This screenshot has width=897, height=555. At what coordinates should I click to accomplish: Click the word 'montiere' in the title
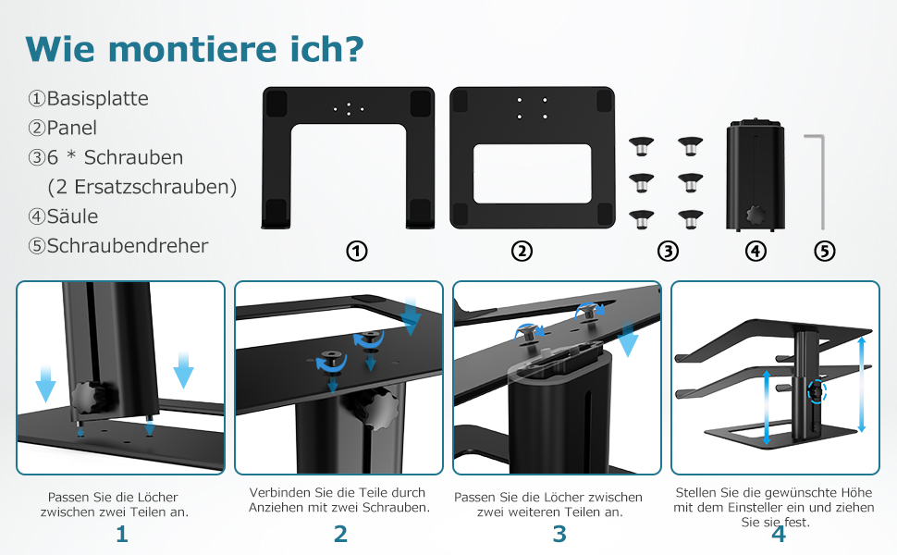pyautogui.click(x=192, y=49)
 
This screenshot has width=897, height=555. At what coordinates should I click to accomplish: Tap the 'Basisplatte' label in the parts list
pyautogui.click(x=97, y=98)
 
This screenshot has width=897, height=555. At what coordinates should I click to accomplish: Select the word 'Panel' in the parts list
pyautogui.click(x=71, y=129)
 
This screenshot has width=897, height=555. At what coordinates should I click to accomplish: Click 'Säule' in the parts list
pyautogui.click(x=72, y=216)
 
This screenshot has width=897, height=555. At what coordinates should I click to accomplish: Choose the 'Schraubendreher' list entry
pyautogui.click(x=127, y=246)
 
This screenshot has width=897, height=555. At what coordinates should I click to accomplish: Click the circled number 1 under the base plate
pyautogui.click(x=357, y=252)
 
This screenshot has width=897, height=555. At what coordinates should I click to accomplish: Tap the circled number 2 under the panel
pyautogui.click(x=522, y=252)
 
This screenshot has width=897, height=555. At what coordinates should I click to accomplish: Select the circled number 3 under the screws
pyautogui.click(x=669, y=252)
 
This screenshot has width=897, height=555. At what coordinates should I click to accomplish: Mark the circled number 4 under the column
pyautogui.click(x=756, y=252)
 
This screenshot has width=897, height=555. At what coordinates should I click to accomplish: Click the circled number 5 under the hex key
pyautogui.click(x=824, y=252)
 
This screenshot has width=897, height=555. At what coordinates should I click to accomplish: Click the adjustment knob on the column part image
pyautogui.click(x=756, y=216)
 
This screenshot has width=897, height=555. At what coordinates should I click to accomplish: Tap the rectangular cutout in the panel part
pyautogui.click(x=532, y=173)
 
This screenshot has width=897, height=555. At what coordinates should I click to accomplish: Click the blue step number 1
pyautogui.click(x=122, y=534)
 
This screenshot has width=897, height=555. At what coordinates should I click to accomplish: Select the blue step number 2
pyautogui.click(x=340, y=534)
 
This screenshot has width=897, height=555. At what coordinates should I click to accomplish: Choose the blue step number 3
pyautogui.click(x=559, y=534)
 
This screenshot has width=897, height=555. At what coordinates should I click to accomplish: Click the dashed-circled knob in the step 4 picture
pyautogui.click(x=817, y=392)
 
